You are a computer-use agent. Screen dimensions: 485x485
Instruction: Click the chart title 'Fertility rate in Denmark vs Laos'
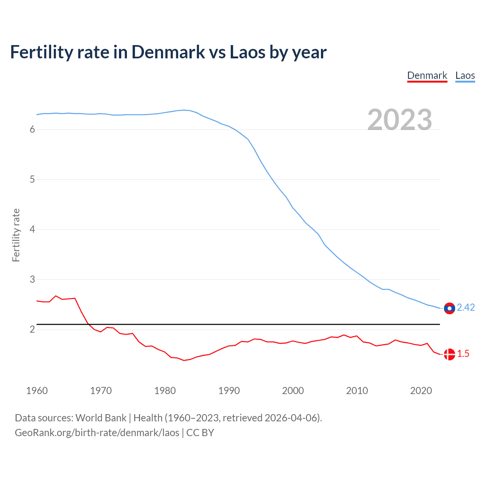point(168,52)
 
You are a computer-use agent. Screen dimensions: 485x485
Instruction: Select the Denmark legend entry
point(427,75)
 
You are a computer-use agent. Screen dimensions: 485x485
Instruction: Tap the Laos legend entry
point(465,75)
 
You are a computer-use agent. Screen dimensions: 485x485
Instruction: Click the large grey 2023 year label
point(400,120)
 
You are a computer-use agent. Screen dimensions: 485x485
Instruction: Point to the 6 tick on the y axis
point(32,130)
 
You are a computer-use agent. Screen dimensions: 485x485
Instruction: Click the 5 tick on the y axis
point(32,180)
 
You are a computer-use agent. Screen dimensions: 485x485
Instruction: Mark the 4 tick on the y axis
point(32,230)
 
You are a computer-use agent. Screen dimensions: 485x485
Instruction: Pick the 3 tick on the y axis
point(32,280)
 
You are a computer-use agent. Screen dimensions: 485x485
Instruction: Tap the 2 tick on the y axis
point(32,330)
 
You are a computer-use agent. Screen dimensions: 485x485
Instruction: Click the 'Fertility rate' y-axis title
point(16,235)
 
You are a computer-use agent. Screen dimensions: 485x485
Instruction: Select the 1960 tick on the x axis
point(37,391)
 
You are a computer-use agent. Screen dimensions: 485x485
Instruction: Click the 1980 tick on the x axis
point(165,391)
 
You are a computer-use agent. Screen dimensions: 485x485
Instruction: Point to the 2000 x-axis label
point(293,391)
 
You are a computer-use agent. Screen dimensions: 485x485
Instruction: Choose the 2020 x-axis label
point(421,391)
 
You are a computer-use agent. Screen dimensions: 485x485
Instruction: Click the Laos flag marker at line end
point(449,308)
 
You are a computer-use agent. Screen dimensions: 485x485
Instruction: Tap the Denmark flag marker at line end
point(449,354)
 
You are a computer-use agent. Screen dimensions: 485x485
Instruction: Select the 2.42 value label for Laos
point(466,308)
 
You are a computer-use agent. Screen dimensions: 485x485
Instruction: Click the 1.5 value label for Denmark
point(463,354)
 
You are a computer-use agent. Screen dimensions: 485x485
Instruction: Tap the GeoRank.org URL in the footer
point(97,433)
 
